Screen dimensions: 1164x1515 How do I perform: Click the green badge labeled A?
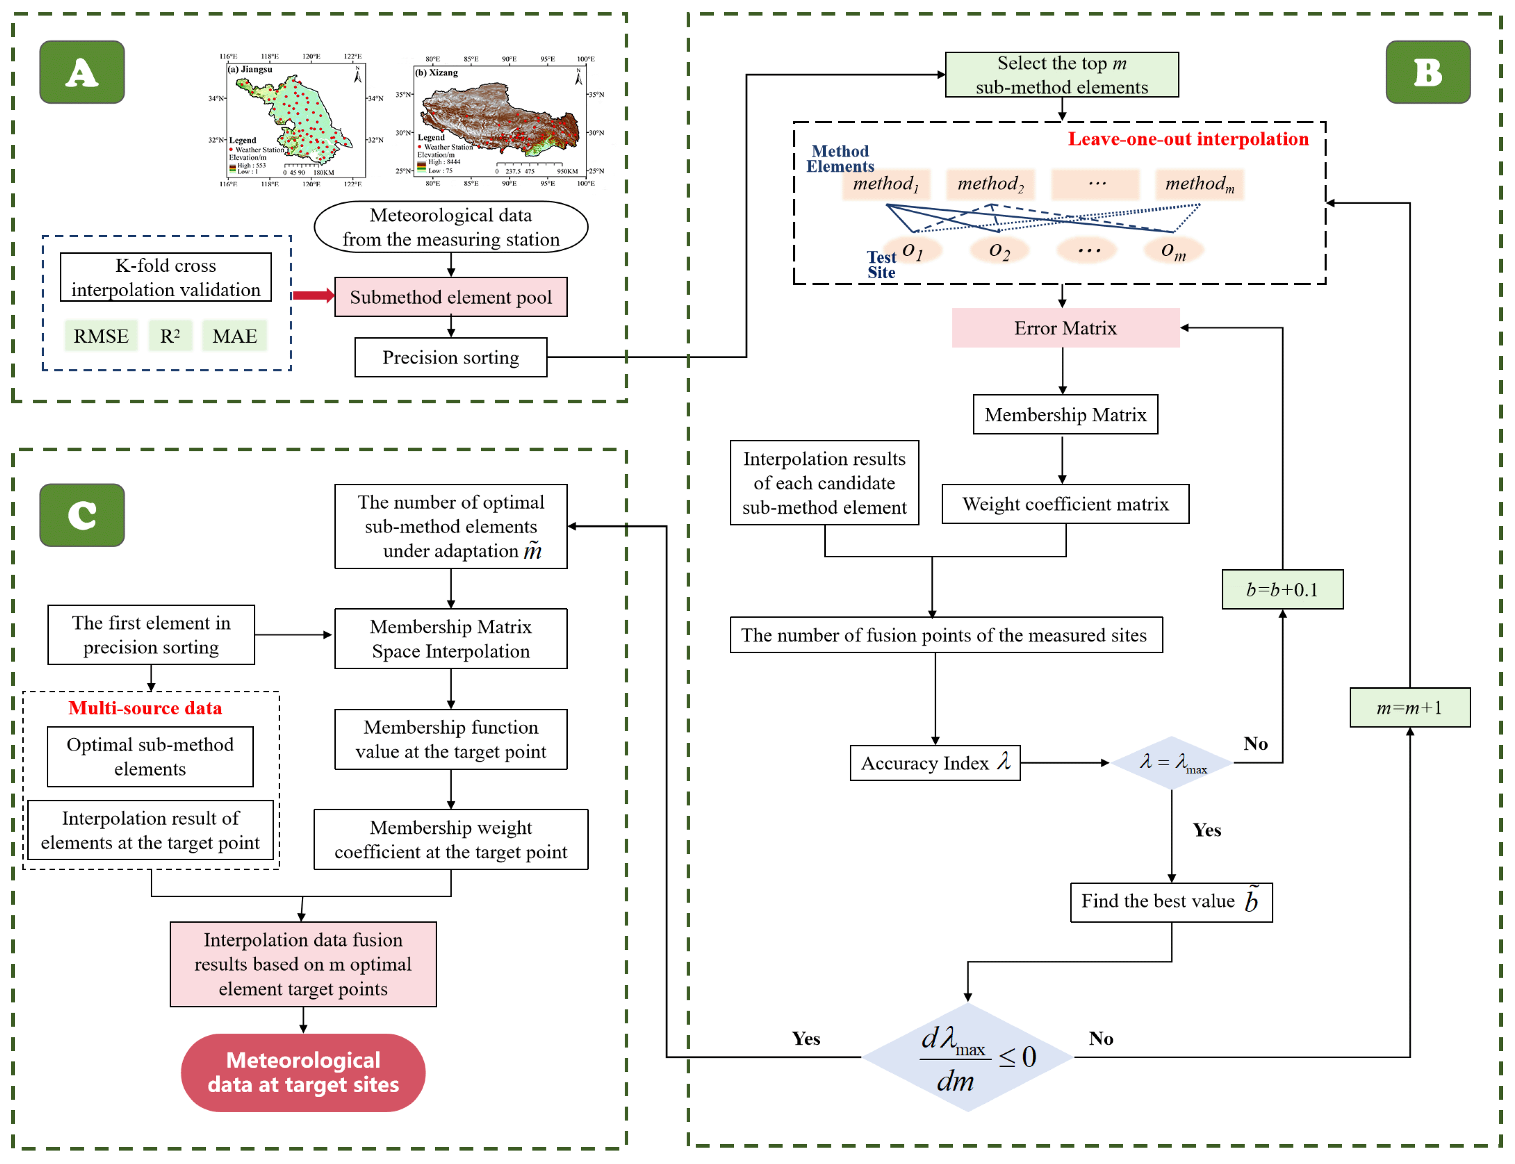point(82,72)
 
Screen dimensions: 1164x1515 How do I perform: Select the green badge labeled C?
point(82,515)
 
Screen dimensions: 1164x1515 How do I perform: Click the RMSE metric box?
point(101,336)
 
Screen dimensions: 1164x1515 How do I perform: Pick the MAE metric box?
point(234,336)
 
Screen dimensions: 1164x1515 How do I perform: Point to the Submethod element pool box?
point(450,297)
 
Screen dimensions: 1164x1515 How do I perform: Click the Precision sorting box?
point(450,358)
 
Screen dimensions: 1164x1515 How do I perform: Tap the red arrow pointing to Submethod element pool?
point(313,296)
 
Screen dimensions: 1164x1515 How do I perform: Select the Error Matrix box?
point(1065,328)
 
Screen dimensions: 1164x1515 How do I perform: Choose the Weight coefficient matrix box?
point(1065,504)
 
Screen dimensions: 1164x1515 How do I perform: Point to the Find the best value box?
point(1171,902)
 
